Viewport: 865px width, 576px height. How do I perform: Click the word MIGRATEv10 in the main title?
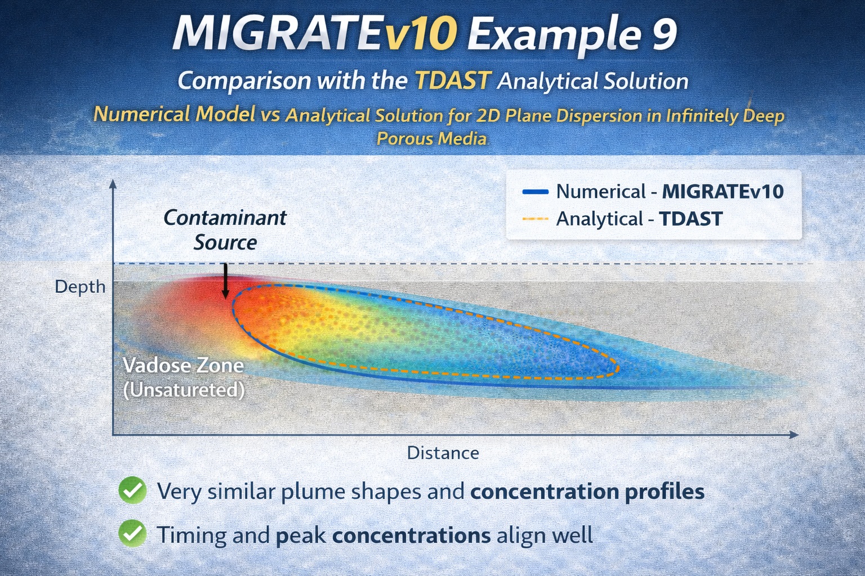coord(314,34)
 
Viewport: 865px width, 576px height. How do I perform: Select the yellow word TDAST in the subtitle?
coord(453,81)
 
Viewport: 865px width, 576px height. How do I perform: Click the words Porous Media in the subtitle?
coord(432,138)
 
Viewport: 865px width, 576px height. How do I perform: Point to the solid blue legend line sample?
coord(535,192)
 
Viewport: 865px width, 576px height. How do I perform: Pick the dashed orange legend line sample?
coord(535,219)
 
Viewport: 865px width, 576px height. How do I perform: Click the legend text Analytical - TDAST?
coord(639,219)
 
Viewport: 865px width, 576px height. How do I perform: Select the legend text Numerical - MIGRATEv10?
coord(670,192)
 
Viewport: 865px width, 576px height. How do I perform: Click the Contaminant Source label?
coord(225,229)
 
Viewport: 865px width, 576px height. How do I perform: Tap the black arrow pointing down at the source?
coord(225,281)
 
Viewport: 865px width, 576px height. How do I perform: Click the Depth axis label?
coord(80,287)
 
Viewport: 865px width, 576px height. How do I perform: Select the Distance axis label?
coord(443,453)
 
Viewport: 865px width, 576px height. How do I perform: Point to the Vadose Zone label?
coord(183,366)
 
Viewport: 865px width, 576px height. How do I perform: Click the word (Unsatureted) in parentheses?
coord(184,390)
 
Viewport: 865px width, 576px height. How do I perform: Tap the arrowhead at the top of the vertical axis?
coord(113,184)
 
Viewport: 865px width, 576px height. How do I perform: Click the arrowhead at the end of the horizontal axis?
coord(793,434)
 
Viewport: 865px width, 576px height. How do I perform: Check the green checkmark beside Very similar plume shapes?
coord(133,490)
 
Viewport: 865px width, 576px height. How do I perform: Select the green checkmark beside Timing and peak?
coord(133,534)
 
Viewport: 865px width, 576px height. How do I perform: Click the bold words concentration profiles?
coord(587,492)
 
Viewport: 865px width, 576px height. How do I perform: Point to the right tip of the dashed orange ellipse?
coord(619,369)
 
